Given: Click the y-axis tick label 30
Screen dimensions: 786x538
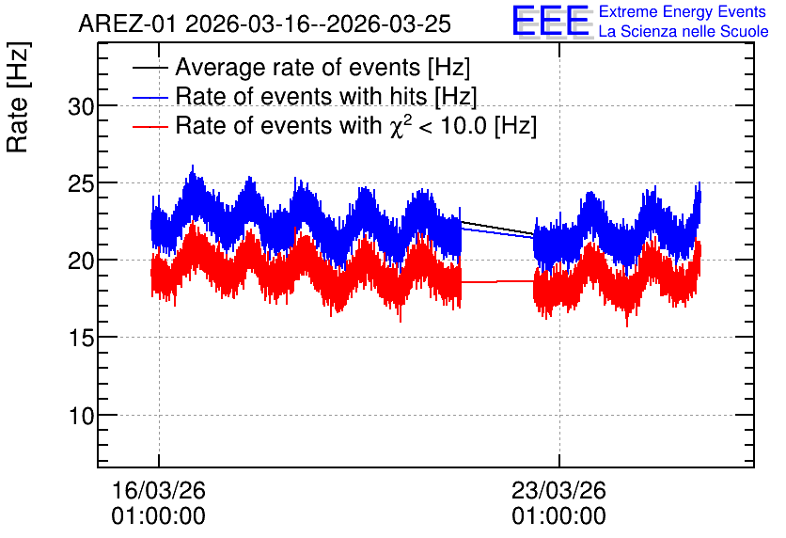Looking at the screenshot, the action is coord(81,107).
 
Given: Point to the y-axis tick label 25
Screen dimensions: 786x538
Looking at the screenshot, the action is coord(81,184).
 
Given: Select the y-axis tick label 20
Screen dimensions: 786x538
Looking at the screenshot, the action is coord(81,261).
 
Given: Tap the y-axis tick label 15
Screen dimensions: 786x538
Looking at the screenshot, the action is coord(81,339).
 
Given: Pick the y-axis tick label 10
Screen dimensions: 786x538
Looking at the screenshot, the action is coord(81,416).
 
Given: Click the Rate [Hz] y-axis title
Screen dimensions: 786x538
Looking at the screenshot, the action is coord(18,97).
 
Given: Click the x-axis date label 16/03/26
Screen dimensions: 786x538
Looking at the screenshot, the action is coord(158,490).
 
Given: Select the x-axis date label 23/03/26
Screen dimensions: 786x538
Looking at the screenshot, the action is coord(558,490).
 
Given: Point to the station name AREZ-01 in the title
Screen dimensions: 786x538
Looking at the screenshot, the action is coord(128,24).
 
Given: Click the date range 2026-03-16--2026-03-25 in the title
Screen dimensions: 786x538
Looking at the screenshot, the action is coord(319,24).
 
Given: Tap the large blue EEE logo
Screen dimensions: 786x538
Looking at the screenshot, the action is coord(552,22).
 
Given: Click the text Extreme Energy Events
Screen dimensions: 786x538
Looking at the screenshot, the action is coord(683,11).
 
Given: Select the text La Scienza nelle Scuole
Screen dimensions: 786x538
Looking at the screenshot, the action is coord(684,32).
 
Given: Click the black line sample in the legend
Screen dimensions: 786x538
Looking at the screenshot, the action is coord(150,68).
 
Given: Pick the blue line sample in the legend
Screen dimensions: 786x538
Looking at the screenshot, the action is coord(150,97).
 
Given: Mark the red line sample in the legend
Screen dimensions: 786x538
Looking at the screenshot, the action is coord(150,126).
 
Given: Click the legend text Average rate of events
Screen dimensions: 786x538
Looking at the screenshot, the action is coord(298,68).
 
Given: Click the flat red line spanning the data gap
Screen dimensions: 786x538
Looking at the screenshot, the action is coord(497,282).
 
